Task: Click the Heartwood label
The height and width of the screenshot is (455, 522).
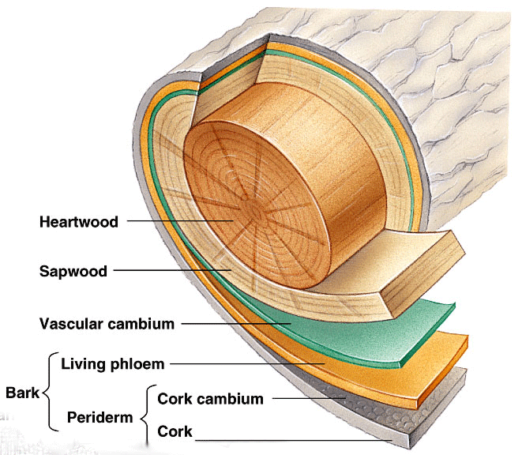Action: pyautogui.click(x=78, y=222)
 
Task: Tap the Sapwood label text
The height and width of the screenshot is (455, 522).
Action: pyautogui.click(x=73, y=272)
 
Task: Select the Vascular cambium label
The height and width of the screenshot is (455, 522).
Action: pyautogui.click(x=107, y=323)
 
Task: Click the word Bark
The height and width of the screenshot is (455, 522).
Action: pyautogui.click(x=22, y=393)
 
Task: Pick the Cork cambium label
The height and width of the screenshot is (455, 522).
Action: pyautogui.click(x=211, y=399)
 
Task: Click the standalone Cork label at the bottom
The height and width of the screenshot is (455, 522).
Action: pyautogui.click(x=176, y=432)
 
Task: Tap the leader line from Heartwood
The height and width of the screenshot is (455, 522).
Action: pyautogui.click(x=182, y=222)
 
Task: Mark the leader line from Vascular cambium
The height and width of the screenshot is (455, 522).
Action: pyautogui.click(x=237, y=323)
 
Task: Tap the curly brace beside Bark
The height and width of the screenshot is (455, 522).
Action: pyautogui.click(x=47, y=393)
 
